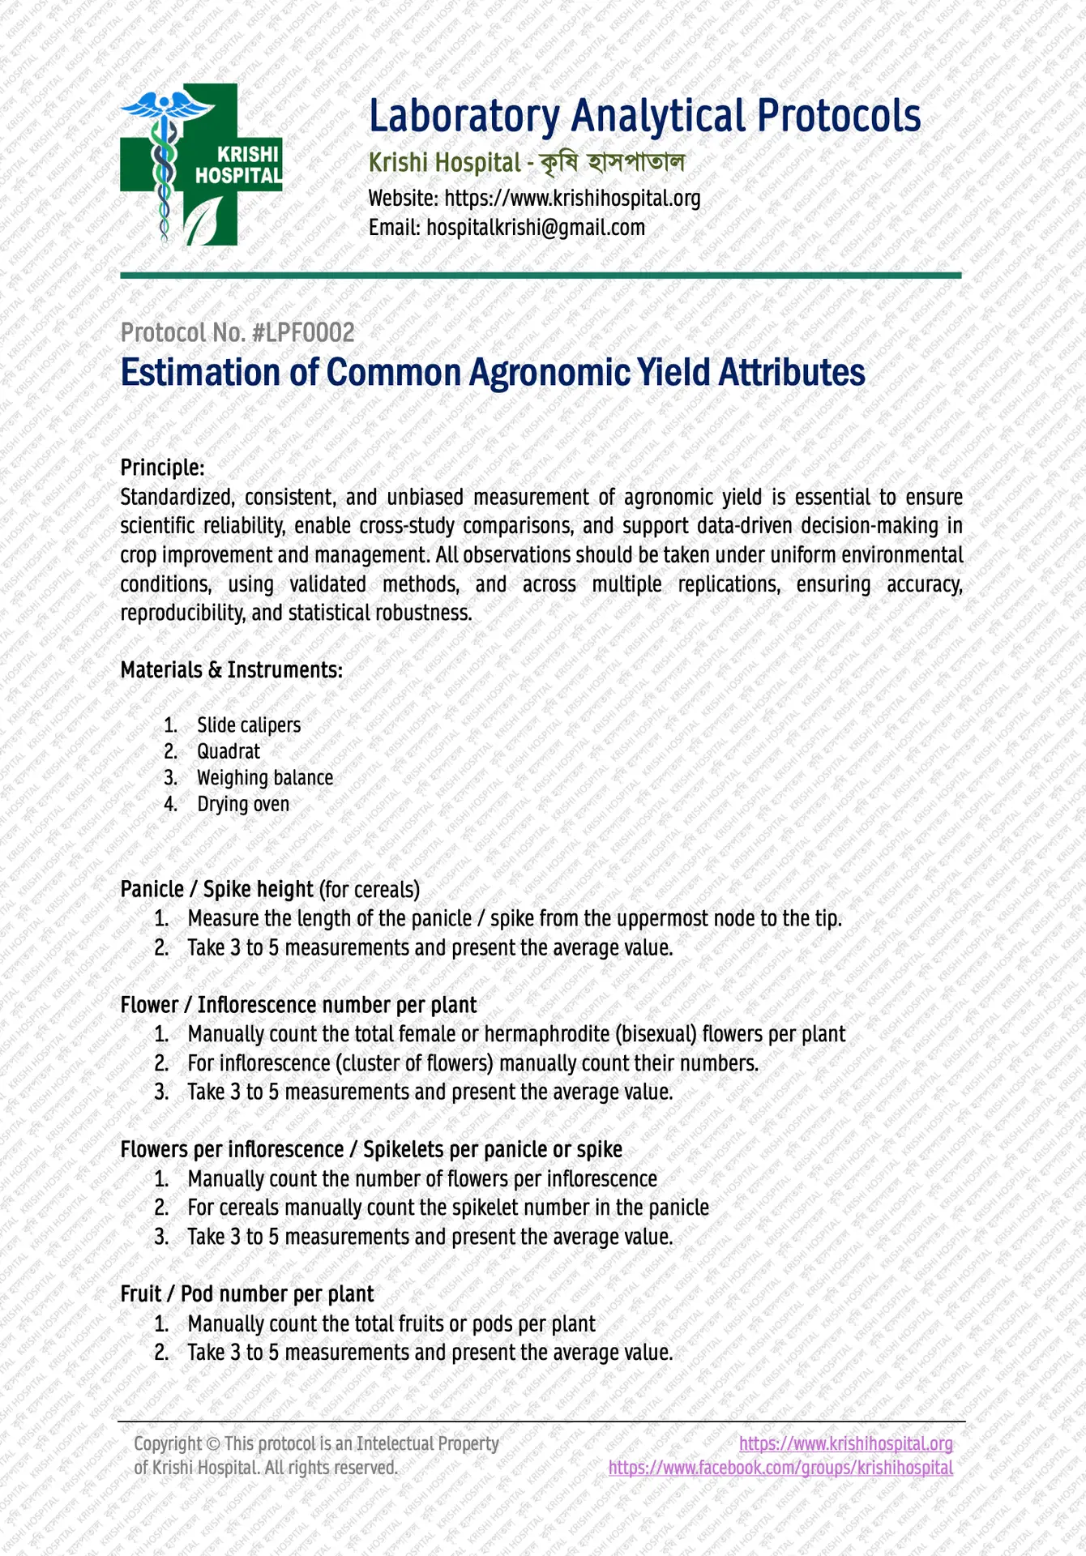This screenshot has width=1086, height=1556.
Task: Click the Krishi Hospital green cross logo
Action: [x=201, y=165]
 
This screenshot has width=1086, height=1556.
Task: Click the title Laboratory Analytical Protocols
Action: [x=644, y=116]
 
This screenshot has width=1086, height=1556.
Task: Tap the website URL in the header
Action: [x=572, y=198]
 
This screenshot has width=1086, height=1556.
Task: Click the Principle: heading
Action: [x=162, y=468]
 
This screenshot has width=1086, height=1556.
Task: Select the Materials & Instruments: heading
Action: [x=231, y=670]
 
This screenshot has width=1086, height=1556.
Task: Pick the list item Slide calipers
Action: [x=249, y=725]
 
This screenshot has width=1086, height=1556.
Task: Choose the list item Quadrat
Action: [x=229, y=751]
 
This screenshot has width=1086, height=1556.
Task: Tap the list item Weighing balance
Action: [x=265, y=778]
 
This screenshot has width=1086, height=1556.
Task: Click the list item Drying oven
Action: [x=243, y=804]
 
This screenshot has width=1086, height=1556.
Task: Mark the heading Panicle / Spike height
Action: [x=216, y=889]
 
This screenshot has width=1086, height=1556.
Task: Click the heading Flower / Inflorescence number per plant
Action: [x=298, y=1005]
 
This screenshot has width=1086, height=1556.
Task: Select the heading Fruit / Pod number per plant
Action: [x=247, y=1294]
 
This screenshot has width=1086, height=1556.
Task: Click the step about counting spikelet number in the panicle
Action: [x=447, y=1208]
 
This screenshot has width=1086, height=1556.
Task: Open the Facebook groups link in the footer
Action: [x=780, y=1468]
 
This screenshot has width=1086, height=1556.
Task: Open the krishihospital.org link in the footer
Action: [x=846, y=1443]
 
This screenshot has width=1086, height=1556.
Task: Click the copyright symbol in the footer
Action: [x=213, y=1443]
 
